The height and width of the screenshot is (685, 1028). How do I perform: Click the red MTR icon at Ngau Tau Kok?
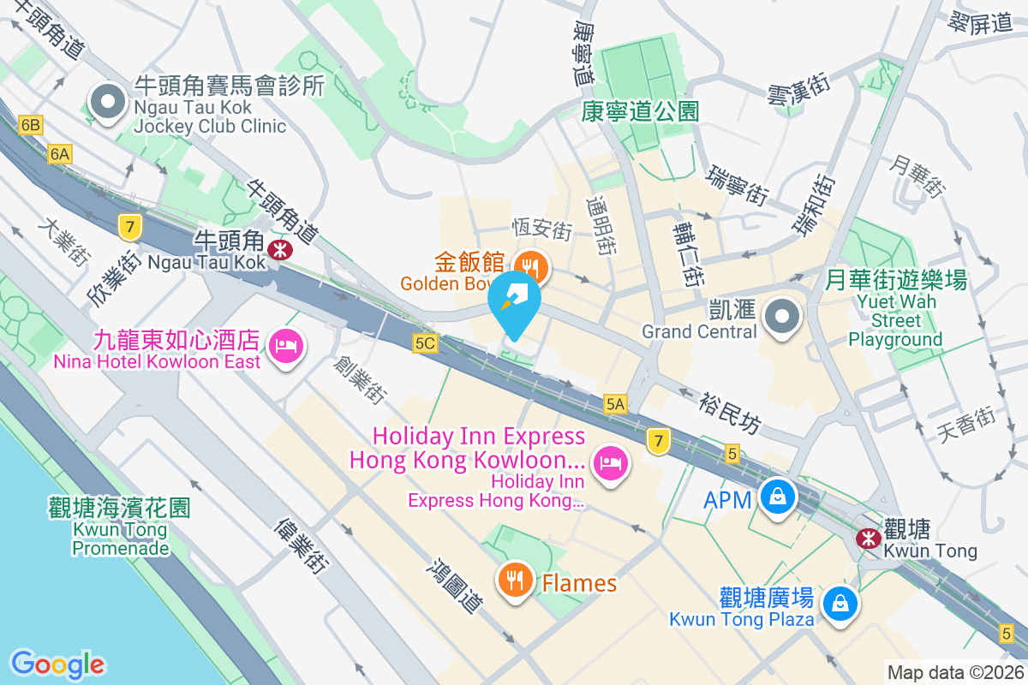point(278,249)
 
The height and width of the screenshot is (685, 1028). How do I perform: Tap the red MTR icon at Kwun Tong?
point(869,539)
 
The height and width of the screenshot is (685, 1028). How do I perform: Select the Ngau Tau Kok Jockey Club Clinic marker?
point(108,103)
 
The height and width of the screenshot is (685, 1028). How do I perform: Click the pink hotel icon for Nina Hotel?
point(284,347)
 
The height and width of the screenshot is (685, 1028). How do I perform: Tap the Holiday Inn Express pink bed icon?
point(610,463)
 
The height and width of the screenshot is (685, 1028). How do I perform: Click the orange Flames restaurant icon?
point(515,581)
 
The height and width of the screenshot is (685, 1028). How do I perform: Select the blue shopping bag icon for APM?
point(777,497)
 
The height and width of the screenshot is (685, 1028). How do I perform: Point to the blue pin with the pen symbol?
point(515,301)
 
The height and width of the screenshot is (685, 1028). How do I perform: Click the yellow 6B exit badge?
point(31,126)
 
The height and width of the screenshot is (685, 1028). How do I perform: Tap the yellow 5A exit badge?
point(615,404)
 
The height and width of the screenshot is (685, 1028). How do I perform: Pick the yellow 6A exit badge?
point(60,154)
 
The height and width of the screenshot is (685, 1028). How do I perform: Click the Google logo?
point(57,664)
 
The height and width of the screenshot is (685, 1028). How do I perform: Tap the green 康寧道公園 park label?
point(640,111)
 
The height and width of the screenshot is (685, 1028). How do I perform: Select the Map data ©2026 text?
point(954,673)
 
